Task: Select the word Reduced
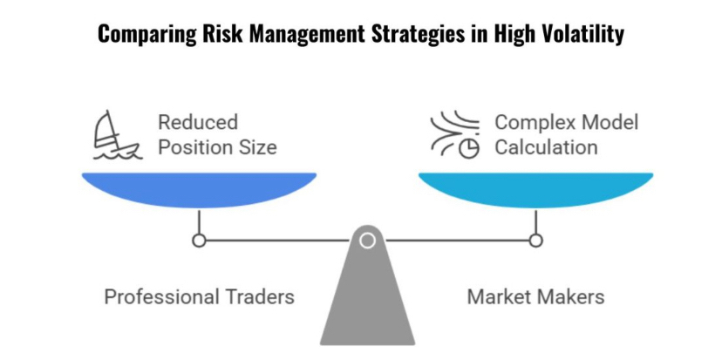[197, 123]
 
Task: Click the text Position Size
[217, 147]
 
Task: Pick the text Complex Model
[567, 123]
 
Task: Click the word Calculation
[547, 147]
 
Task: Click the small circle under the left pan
[199, 240]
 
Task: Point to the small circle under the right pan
[535, 240]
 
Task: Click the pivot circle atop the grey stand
[367, 240]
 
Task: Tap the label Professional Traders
[199, 296]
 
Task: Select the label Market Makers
[535, 296]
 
